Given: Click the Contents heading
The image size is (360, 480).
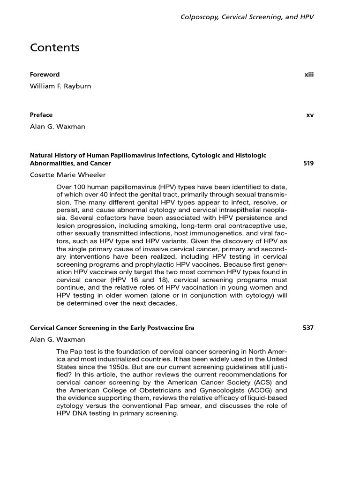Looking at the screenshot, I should pyautogui.click(x=55, y=48).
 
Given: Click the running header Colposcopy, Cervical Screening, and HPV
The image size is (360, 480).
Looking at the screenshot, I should pyautogui.click(x=247, y=17).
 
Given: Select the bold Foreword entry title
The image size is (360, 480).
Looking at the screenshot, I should pyautogui.click(x=45, y=75).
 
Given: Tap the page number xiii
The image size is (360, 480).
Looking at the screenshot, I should pyautogui.click(x=308, y=75).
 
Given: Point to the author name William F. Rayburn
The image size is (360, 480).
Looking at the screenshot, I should pyautogui.click(x=60, y=86).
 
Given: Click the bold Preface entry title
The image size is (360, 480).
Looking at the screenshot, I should pyautogui.click(x=41, y=115).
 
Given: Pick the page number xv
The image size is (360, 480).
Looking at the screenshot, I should pyautogui.click(x=309, y=115).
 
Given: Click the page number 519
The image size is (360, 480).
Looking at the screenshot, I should pyautogui.click(x=308, y=163).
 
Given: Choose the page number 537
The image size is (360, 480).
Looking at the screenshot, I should pyautogui.click(x=308, y=328).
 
